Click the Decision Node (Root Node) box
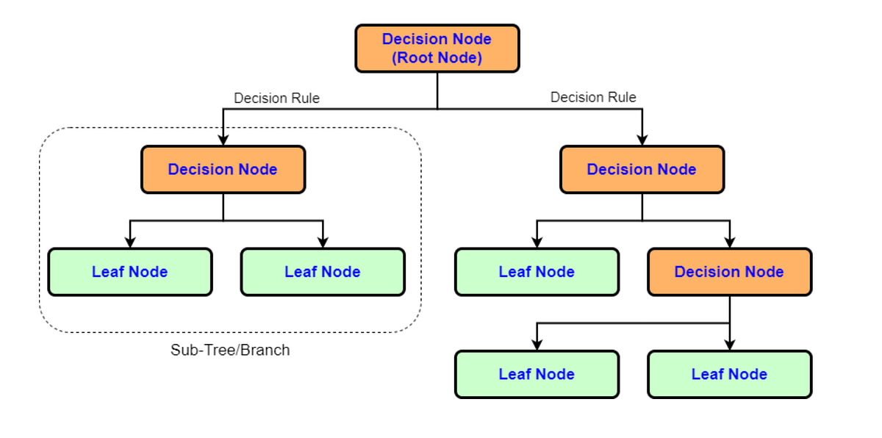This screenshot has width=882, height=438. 437,49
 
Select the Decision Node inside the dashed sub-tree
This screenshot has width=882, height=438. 223,170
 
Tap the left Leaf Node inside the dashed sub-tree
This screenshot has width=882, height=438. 130,272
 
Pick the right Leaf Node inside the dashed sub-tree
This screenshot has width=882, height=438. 323,272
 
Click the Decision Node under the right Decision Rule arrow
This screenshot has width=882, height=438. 642,170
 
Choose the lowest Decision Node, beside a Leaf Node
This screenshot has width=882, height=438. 729,272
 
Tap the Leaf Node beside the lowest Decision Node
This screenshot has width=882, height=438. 537,272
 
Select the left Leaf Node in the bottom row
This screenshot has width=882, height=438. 537,374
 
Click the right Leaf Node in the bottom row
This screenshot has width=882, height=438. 729,374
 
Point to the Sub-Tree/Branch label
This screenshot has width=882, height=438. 230,350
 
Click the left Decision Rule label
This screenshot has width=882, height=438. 276,98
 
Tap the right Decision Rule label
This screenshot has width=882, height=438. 593,97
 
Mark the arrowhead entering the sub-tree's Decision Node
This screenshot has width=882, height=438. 223,140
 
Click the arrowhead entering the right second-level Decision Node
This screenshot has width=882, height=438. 642,140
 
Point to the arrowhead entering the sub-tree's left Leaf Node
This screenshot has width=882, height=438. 130,242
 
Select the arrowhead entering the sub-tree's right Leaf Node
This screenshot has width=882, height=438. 323,242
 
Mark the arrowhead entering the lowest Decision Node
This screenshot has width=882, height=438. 729,242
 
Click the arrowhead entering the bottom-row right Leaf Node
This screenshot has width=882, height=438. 729,344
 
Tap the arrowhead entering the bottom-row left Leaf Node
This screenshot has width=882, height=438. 537,344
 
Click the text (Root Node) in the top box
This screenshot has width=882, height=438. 437,58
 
